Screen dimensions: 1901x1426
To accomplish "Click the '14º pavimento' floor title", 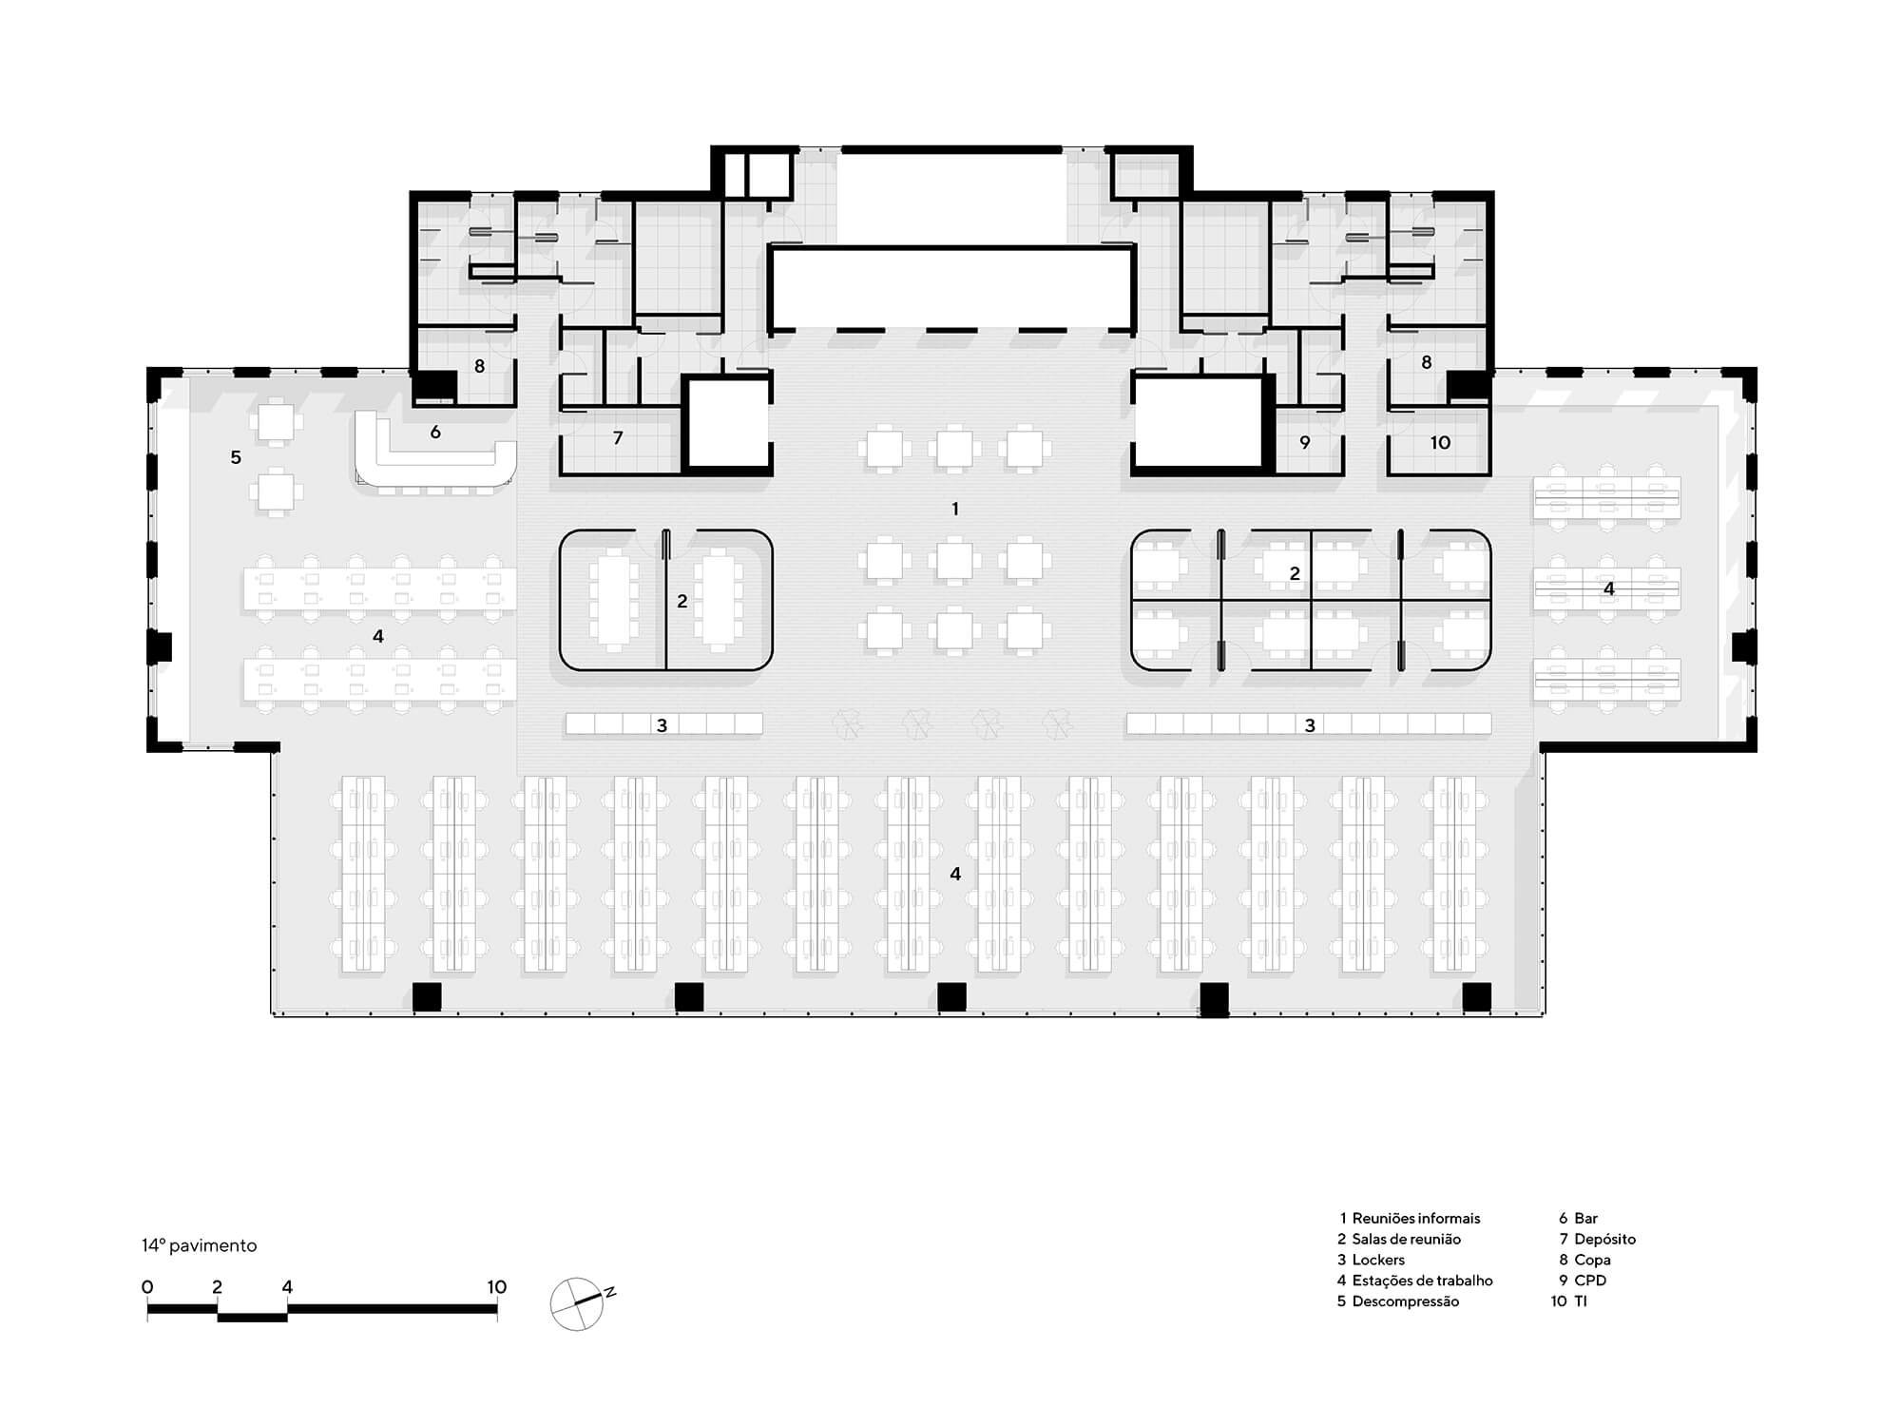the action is point(200,1245).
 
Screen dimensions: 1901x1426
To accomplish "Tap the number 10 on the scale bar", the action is point(496,1287).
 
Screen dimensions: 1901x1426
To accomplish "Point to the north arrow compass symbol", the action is point(580,1302).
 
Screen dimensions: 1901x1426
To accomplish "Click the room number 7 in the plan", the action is point(618,437).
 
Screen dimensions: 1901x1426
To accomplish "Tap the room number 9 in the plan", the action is point(1305,442).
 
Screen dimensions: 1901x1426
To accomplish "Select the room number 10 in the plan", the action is point(1440,442).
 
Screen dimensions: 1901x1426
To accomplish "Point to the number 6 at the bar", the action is point(435,433).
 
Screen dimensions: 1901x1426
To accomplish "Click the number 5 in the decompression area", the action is point(236,457).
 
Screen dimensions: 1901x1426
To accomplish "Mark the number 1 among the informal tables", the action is point(955,509).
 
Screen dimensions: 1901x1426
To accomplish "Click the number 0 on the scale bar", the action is point(147,1287).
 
